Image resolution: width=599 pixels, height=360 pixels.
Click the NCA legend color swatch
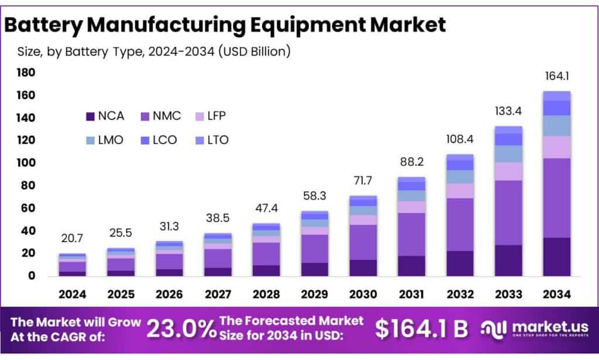coord(90,116)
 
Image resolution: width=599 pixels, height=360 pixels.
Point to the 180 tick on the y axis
coord(26,73)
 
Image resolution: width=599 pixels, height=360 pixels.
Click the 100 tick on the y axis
coord(26,163)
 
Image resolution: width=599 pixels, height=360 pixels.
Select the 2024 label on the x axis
coord(73,294)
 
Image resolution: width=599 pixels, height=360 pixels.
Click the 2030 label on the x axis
coord(364,294)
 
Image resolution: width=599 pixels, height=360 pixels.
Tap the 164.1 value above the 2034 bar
coord(556,77)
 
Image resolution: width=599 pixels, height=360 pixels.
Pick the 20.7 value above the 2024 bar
coord(73,238)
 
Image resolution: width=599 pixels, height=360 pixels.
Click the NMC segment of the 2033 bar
coord(508,212)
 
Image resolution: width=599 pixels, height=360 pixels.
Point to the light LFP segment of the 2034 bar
coord(556,147)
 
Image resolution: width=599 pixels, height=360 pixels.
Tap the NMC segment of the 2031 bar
coord(412,234)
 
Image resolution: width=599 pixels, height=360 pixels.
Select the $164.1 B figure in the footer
coord(421,329)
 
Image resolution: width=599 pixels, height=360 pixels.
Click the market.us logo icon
coord(493,329)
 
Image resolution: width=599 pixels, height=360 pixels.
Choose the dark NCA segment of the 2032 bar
coord(459,263)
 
